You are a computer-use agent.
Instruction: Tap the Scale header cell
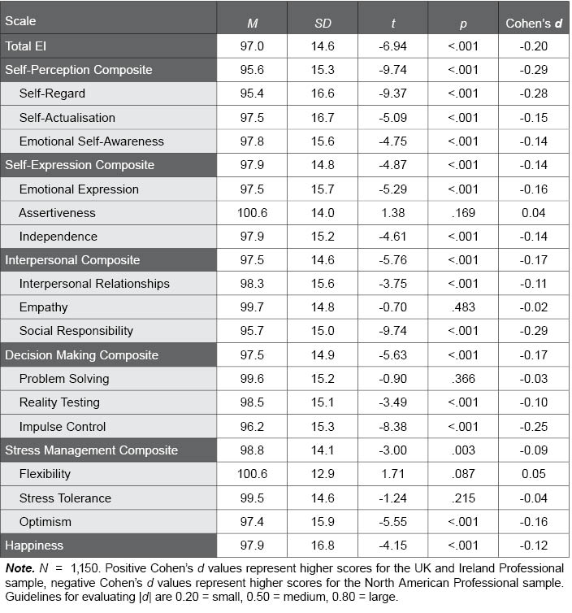pyautogui.click(x=21, y=21)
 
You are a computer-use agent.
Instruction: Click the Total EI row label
pyautogui.click(x=25, y=46)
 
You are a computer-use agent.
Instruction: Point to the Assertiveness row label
pyautogui.click(x=57, y=213)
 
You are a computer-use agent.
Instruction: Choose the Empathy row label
pyautogui.click(x=43, y=307)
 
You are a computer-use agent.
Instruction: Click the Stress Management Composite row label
pyautogui.click(x=80, y=450)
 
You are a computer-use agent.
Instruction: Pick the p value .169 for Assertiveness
pyautogui.click(x=462, y=213)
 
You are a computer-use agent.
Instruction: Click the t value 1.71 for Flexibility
pyautogui.click(x=392, y=474)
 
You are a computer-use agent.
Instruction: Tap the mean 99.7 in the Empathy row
pyautogui.click(x=252, y=307)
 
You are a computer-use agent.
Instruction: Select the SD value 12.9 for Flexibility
pyautogui.click(x=323, y=474)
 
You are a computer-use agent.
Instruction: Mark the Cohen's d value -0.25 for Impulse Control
pyautogui.click(x=533, y=427)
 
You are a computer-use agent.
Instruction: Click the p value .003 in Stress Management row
pyautogui.click(x=462, y=450)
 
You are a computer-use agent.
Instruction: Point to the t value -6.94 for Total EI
pyautogui.click(x=392, y=46)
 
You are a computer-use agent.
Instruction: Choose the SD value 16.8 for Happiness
pyautogui.click(x=323, y=545)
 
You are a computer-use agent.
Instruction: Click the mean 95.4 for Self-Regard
pyautogui.click(x=252, y=93)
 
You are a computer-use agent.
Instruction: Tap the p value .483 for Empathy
pyautogui.click(x=462, y=307)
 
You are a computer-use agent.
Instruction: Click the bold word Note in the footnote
pyautogui.click(x=19, y=567)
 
